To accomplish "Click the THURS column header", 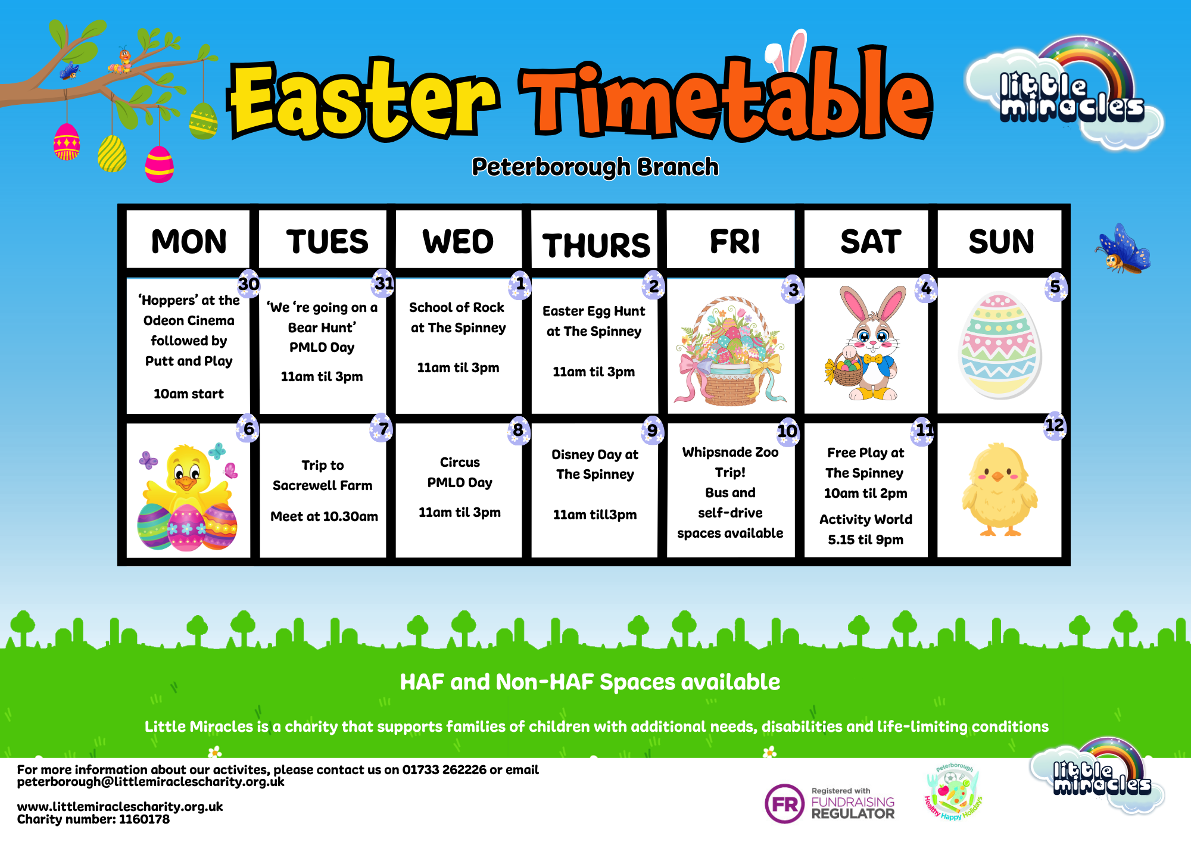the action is [596, 245].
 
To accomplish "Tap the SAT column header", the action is [871, 241].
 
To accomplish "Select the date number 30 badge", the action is [249, 284].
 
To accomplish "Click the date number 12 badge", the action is [1055, 425].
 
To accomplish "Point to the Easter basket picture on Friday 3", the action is [731, 350].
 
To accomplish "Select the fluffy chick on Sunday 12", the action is [1000, 489].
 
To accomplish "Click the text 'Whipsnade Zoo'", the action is [730, 452].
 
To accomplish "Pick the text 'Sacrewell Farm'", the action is [322, 485].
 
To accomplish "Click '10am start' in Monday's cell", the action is [189, 394].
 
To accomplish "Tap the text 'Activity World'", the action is [865, 519].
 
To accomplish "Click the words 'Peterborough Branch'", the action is [595, 167].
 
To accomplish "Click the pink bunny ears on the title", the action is [786, 54].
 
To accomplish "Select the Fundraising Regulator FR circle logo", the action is [784, 804].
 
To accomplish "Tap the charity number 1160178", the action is [144, 819].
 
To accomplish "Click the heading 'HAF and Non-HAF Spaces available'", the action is [590, 682].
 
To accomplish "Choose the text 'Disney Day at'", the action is [595, 454].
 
